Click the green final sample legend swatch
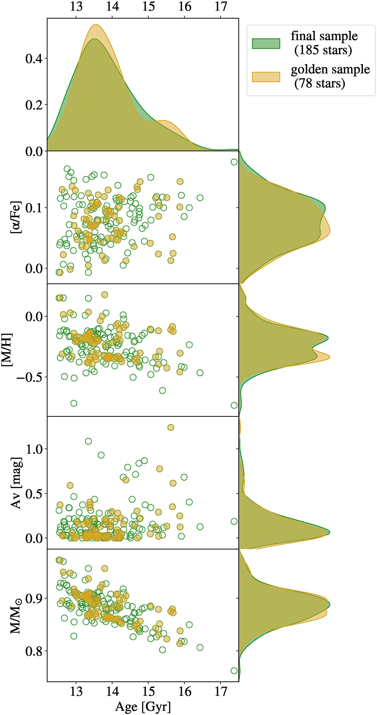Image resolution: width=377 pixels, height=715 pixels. click(266, 43)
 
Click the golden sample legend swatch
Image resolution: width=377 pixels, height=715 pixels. click(266, 77)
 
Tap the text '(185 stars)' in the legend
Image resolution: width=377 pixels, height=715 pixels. click(323, 50)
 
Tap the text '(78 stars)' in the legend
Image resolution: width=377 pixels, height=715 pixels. click(320, 83)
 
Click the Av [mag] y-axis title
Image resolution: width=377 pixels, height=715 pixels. click(16, 483)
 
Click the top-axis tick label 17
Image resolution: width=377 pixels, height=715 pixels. click(221, 6)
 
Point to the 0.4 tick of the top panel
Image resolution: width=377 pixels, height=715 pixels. click(34, 58)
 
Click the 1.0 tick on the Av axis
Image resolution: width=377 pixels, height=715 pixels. click(34, 449)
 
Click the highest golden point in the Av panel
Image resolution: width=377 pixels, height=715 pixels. click(171, 427)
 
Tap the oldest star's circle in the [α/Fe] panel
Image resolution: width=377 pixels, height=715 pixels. click(234, 162)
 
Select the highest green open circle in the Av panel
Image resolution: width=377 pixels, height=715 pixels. click(88, 441)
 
